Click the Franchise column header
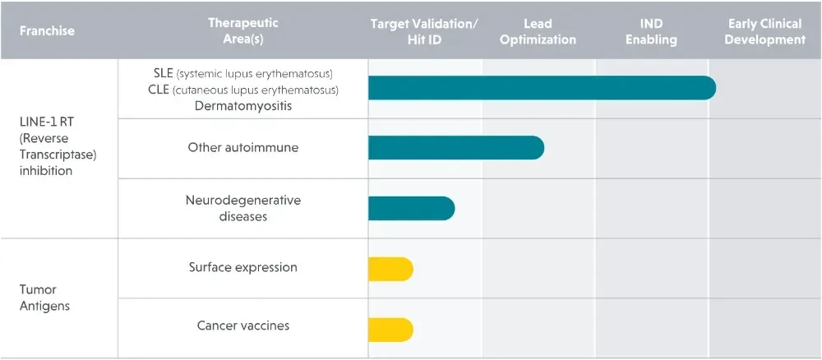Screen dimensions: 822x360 click(x=47, y=30)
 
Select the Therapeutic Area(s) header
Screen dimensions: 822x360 click(x=242, y=31)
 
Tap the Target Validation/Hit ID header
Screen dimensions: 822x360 click(x=424, y=31)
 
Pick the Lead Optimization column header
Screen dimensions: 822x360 click(x=538, y=31)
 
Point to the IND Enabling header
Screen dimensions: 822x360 click(x=652, y=31)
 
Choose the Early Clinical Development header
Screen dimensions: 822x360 click(x=764, y=31)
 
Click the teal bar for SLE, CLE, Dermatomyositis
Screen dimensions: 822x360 click(x=542, y=87)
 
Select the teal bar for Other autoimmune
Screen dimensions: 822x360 click(x=456, y=148)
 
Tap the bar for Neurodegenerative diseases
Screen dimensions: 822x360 click(x=412, y=208)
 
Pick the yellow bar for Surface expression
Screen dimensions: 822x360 click(x=390, y=270)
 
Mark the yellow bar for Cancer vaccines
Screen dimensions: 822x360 click(x=390, y=330)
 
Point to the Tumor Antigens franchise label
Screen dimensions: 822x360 click(x=38, y=298)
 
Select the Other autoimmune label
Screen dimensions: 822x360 click(x=243, y=147)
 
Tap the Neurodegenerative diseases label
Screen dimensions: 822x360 click(x=243, y=208)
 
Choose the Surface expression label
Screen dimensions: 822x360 click(x=243, y=267)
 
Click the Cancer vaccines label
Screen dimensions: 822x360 click(x=243, y=325)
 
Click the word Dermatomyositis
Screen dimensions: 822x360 click(x=243, y=106)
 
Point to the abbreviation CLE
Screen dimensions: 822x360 click(x=158, y=90)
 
